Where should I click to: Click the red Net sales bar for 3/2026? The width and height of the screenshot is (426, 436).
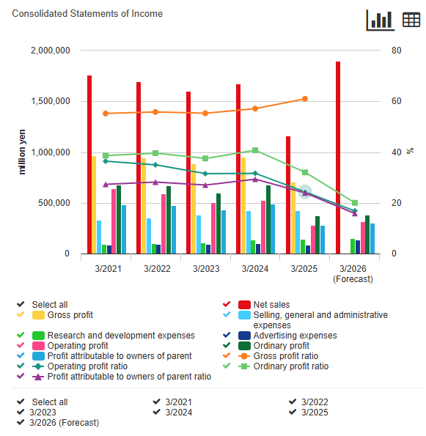[338, 158]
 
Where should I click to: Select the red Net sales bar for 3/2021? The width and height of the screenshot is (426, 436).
[89, 165]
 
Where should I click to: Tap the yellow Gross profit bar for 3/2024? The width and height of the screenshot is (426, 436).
[243, 205]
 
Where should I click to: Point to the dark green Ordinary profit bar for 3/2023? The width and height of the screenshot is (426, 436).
[218, 223]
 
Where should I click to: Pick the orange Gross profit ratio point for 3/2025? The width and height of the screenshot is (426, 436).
[305, 99]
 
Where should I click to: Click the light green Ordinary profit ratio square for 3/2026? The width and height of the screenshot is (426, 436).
[355, 203]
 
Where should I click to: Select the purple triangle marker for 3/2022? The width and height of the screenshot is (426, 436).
[155, 182]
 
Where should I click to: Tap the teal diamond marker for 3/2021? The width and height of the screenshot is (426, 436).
[106, 161]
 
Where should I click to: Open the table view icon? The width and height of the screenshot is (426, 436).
[411, 20]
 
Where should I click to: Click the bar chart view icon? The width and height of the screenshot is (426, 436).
[381, 20]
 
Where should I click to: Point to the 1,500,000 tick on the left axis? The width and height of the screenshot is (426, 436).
[51, 101]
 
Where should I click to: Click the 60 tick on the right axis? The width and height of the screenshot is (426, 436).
[396, 101]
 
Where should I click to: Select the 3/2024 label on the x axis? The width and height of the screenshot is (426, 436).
[255, 269]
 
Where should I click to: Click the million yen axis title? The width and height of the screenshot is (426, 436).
[22, 152]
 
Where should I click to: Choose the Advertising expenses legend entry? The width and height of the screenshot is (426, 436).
[295, 336]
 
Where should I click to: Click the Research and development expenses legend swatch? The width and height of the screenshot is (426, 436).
[38, 336]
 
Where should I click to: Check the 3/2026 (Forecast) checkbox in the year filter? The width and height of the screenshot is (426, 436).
[21, 422]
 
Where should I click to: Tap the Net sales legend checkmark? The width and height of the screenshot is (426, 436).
[227, 304]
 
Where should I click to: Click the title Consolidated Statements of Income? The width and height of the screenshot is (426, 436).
[87, 14]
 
